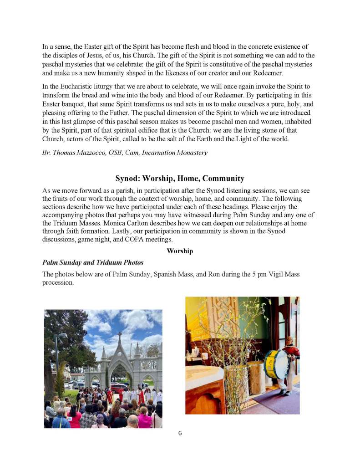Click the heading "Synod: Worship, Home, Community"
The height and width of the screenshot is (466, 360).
(180, 179)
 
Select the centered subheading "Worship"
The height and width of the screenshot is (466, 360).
(180, 251)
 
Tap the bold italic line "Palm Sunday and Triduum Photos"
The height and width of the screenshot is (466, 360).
(93, 262)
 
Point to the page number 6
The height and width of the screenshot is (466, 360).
(180, 433)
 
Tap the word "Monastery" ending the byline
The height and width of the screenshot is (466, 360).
(192, 153)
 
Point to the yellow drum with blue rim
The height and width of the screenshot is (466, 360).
(276, 364)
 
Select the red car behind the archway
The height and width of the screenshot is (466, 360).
(119, 388)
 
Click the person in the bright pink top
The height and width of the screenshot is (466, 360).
(145, 419)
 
